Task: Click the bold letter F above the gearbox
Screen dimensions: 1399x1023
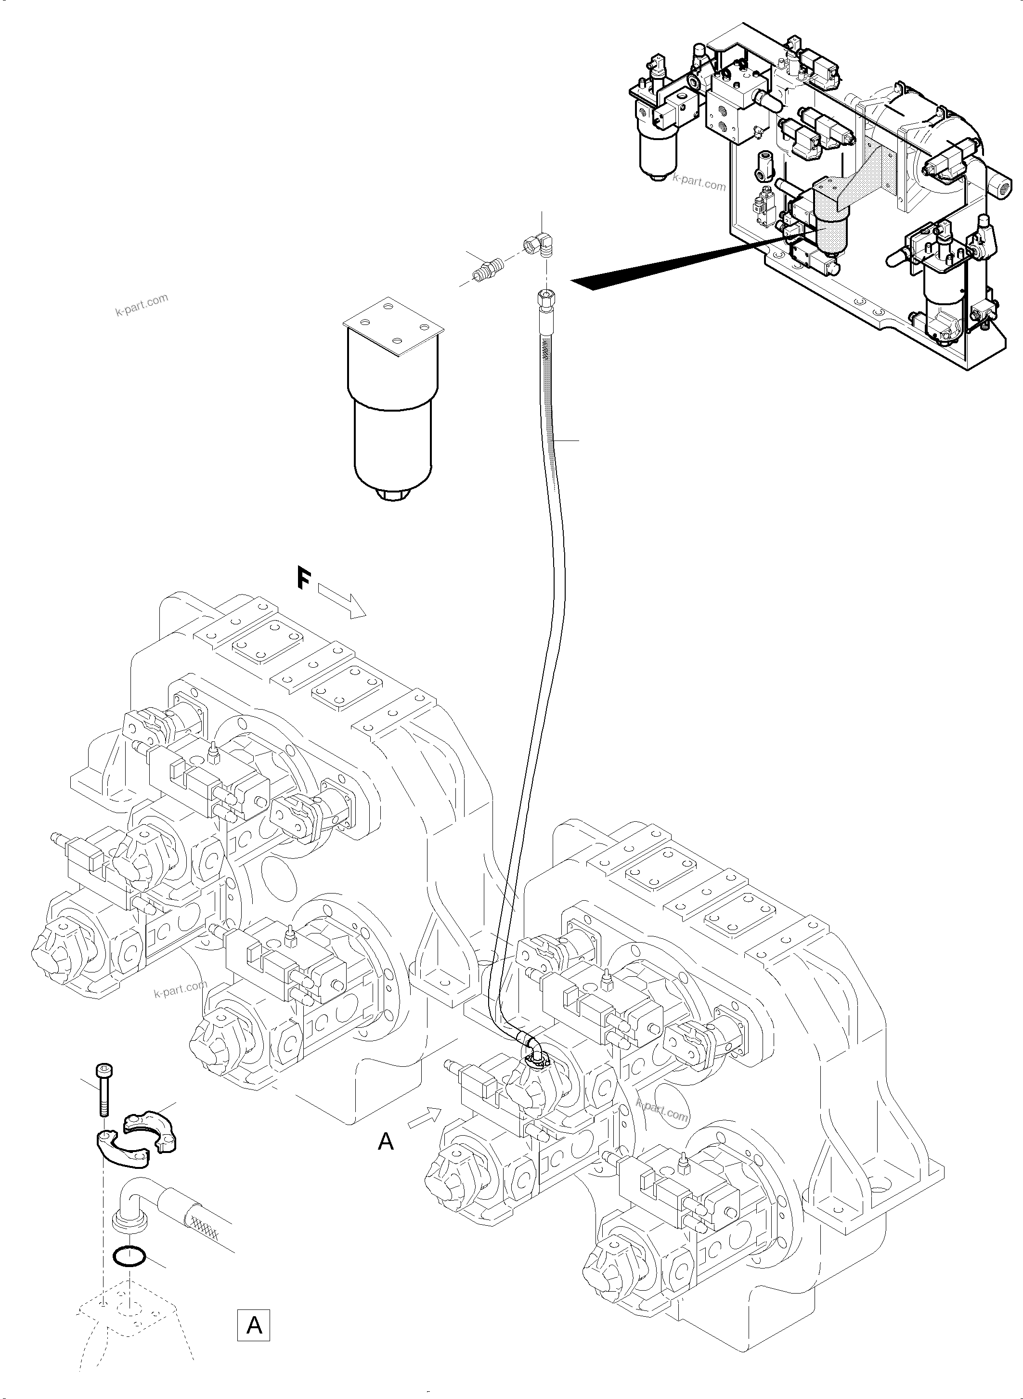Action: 303,579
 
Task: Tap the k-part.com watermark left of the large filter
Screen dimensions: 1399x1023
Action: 142,305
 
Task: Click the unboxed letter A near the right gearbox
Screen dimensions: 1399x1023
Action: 386,1141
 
